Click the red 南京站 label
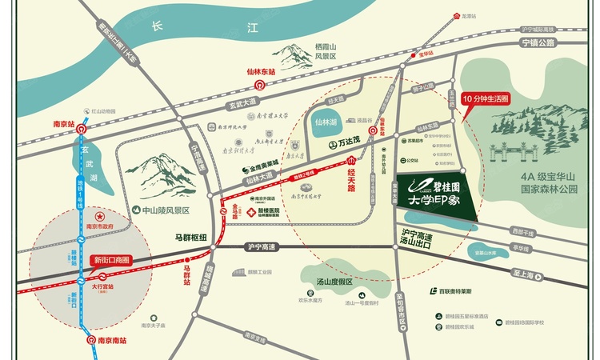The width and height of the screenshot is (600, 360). pos(59,125)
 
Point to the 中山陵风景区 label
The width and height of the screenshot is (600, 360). pos(165,211)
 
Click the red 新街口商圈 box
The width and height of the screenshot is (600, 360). pos(112,261)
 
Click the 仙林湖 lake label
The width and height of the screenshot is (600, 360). pos(326,122)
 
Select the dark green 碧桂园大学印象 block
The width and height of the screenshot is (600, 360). pos(436,197)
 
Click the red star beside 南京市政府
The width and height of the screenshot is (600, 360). pos(100,217)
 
